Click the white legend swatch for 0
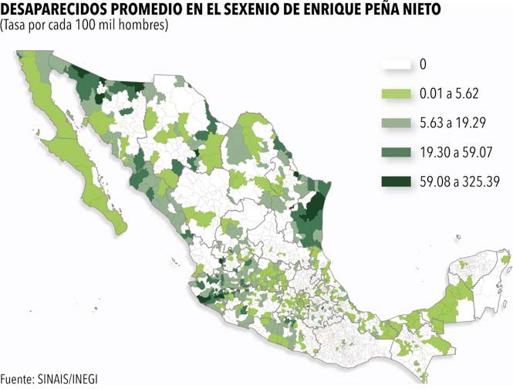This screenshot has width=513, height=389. [x=397, y=64]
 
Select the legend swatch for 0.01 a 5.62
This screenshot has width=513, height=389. [x=397, y=93]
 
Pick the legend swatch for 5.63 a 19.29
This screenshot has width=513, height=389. [x=397, y=123]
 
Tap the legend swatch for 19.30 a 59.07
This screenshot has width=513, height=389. [x=397, y=152]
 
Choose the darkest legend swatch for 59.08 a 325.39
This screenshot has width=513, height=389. [x=397, y=182]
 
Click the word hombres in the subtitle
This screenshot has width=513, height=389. [x=143, y=25]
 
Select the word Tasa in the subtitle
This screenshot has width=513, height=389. [x=15, y=25]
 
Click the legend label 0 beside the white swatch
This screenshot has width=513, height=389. [x=423, y=64]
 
